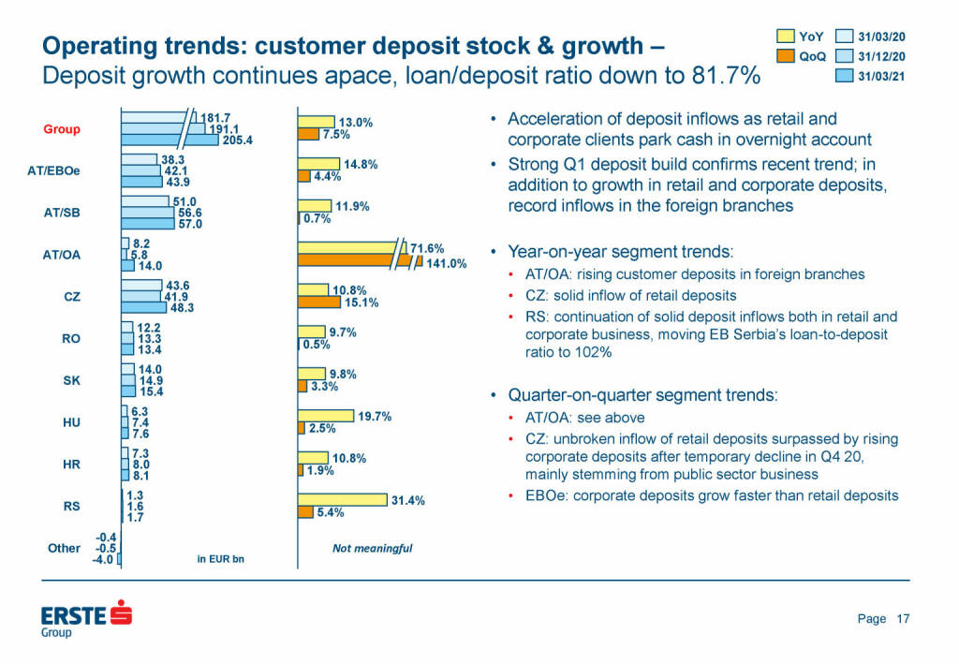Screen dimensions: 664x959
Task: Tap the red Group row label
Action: (x=62, y=129)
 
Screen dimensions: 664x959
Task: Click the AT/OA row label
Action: (x=61, y=255)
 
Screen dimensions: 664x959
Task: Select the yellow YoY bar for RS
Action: (x=342, y=500)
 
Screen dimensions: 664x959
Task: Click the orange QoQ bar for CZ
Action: (x=318, y=302)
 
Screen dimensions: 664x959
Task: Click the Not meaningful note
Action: (x=372, y=548)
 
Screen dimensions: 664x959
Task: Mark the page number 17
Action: (x=903, y=618)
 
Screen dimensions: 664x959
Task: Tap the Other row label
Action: (x=64, y=548)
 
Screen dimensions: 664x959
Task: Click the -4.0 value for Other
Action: (x=102, y=560)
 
